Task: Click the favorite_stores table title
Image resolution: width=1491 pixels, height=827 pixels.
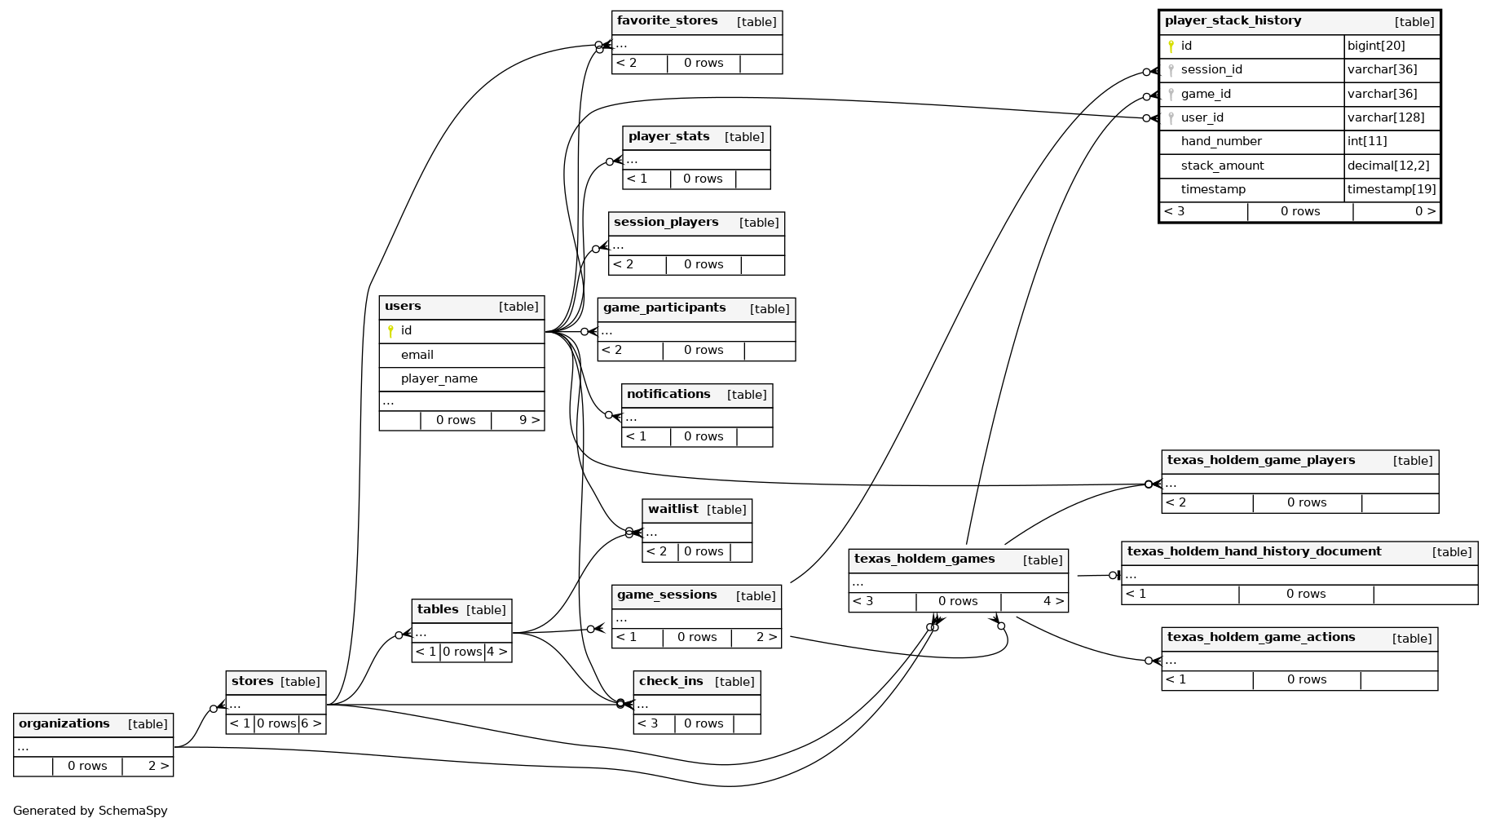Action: tap(667, 21)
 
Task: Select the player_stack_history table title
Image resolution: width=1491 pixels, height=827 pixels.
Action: tap(1233, 21)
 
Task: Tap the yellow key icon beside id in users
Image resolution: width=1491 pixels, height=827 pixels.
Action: tap(390, 331)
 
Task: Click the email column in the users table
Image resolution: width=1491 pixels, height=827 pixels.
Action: tap(417, 355)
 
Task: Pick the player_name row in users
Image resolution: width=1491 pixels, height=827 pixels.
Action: tap(439, 378)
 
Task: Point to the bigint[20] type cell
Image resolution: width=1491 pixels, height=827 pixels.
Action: tap(1376, 46)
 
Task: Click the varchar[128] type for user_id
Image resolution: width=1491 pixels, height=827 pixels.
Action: tap(1386, 117)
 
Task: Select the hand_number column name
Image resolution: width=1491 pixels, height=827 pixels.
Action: tap(1220, 141)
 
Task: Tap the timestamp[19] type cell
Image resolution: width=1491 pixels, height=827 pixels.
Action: tap(1391, 189)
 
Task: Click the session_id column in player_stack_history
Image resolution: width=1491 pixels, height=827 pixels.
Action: tap(1211, 70)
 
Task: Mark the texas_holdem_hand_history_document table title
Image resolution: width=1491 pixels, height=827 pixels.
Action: tap(1254, 551)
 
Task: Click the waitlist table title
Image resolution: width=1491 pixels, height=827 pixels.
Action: tap(673, 509)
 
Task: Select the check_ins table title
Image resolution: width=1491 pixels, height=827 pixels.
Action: tap(671, 681)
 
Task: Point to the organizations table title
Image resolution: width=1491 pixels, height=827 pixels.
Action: tap(64, 723)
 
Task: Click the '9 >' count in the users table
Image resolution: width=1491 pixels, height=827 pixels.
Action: tap(529, 420)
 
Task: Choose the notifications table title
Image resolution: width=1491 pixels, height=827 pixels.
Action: tap(668, 394)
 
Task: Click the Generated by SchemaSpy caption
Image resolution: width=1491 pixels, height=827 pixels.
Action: tap(90, 811)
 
